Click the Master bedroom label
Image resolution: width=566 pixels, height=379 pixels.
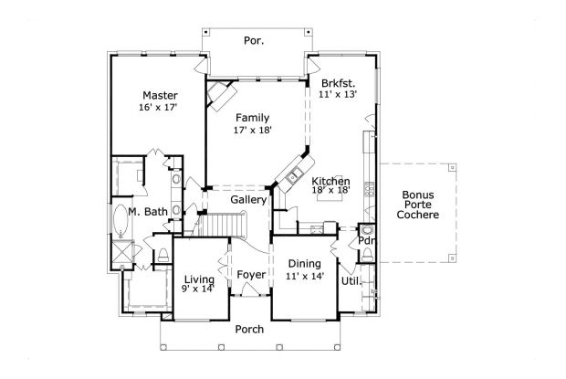click(x=159, y=95)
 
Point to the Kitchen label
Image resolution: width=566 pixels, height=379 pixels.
click(x=330, y=182)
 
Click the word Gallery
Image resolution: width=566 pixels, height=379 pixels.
click(x=248, y=199)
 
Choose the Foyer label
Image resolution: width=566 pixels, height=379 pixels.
click(x=250, y=275)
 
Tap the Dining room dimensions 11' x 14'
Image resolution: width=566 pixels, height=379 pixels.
click(x=305, y=276)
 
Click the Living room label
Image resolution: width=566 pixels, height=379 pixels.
click(x=198, y=279)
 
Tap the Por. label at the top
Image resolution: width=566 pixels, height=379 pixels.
click(x=254, y=40)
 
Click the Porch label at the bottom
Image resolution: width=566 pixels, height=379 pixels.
click(x=248, y=330)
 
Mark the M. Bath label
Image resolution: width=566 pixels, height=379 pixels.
click(x=147, y=212)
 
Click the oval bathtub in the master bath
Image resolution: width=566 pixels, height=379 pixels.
click(x=122, y=220)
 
